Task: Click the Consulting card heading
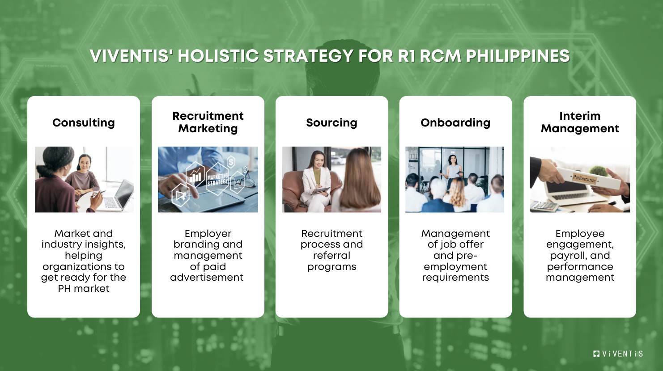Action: (84, 122)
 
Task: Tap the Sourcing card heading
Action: (331, 122)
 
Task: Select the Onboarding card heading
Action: (455, 122)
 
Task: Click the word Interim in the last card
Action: (580, 116)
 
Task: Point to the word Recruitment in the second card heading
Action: (208, 116)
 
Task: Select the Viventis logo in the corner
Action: (618, 354)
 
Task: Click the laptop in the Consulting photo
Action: (119, 197)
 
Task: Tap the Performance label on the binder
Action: (584, 178)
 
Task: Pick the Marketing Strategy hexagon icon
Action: (217, 179)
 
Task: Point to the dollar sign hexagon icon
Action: (231, 162)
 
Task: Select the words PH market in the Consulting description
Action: (84, 288)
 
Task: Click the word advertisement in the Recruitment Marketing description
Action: (207, 277)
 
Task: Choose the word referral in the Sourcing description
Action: (331, 255)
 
